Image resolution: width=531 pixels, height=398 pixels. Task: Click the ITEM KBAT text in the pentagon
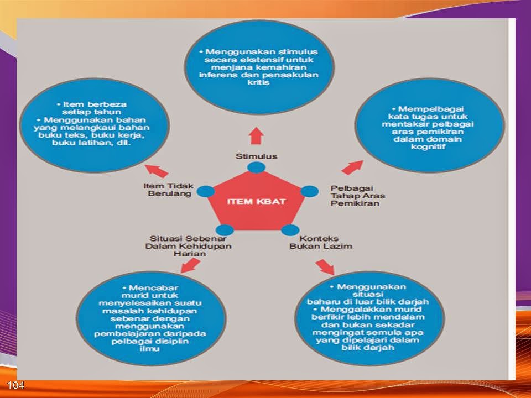click(256, 201)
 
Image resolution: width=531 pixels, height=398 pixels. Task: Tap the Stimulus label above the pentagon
click(256, 156)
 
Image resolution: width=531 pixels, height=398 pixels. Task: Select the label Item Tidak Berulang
click(169, 190)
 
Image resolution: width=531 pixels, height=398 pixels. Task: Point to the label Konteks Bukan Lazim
click(321, 242)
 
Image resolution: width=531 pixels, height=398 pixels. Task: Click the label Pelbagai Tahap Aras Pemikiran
click(358, 196)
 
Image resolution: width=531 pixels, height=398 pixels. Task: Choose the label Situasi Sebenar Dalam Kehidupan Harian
click(188, 246)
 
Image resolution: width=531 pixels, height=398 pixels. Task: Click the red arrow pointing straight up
click(256, 136)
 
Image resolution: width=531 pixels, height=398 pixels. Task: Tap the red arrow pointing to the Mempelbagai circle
click(352, 167)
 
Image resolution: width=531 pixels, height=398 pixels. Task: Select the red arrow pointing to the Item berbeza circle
click(157, 171)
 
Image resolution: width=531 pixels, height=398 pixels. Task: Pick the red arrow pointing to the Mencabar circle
click(190, 265)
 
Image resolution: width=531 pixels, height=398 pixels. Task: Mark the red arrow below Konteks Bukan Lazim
click(325, 267)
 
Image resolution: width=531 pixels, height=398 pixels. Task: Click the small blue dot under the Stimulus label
click(256, 167)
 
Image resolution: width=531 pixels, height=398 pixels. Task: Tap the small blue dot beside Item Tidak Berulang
click(206, 192)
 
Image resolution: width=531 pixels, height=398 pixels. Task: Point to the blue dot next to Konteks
click(290, 230)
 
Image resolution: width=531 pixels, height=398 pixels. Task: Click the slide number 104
click(15, 385)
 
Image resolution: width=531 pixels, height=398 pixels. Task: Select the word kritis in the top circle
click(258, 82)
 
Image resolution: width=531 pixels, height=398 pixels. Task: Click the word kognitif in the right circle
click(428, 146)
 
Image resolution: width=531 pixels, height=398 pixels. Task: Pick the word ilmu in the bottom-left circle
click(149, 348)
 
